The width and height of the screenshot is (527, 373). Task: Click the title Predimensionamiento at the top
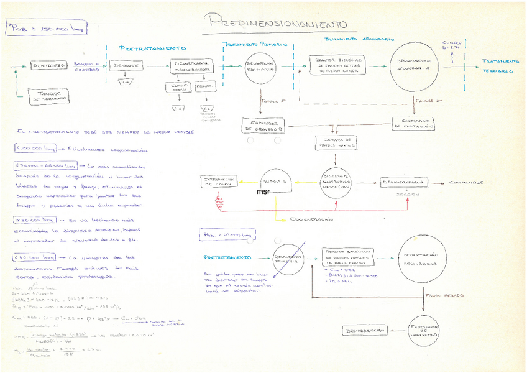275,22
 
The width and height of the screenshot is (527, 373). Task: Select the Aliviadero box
47,65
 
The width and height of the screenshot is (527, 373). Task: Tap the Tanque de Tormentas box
50,96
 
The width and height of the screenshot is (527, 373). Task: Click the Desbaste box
126,65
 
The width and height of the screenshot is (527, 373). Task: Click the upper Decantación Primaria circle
260,67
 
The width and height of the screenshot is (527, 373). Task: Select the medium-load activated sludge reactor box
337,66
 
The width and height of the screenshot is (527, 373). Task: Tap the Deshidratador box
404,182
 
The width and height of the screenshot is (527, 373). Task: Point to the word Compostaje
467,183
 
